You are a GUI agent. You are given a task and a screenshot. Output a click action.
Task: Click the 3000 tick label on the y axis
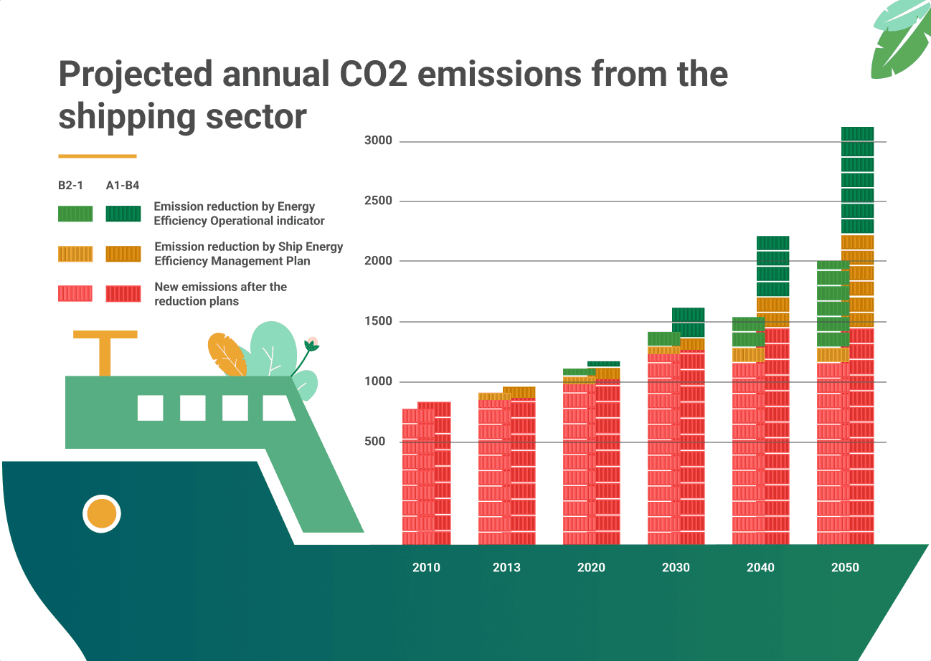(379, 141)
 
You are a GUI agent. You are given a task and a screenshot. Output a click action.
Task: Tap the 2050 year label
(845, 567)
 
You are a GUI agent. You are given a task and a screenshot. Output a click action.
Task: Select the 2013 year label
(506, 567)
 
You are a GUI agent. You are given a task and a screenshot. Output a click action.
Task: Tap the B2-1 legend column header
(71, 185)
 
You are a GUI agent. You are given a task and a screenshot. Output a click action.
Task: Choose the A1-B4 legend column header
(123, 185)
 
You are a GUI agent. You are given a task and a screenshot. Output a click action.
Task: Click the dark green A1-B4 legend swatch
(123, 214)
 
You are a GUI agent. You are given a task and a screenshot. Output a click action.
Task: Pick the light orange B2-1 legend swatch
(75, 254)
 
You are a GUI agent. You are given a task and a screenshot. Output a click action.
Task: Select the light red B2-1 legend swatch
(75, 293)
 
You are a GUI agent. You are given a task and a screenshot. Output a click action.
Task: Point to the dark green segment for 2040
(772, 267)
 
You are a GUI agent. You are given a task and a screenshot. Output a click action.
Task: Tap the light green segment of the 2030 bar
(663, 339)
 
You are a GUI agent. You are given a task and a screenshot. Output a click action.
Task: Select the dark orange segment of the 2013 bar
(519, 392)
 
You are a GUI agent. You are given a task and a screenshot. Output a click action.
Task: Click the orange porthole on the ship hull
(101, 513)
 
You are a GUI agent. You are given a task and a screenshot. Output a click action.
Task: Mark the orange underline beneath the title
(97, 156)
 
